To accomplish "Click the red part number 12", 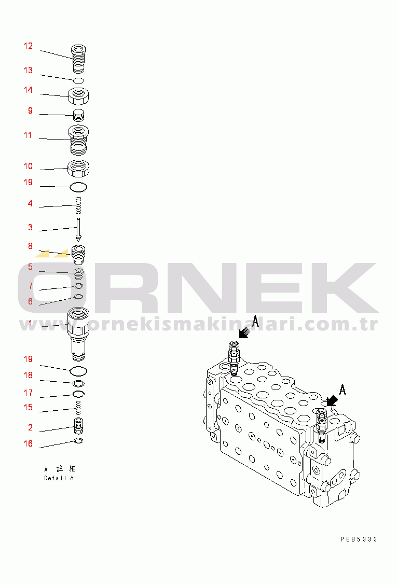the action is click(29, 46).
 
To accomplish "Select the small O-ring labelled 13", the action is click(78, 80).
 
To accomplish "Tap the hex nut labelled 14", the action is click(78, 96).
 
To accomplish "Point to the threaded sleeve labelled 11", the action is click(78, 140).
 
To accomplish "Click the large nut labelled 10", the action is click(78, 169).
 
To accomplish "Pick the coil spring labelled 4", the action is click(78, 205).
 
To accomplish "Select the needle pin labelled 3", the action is click(78, 230).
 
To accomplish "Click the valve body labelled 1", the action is click(78, 334).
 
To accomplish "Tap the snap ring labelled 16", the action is click(78, 441).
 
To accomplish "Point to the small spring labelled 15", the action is click(78, 408).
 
